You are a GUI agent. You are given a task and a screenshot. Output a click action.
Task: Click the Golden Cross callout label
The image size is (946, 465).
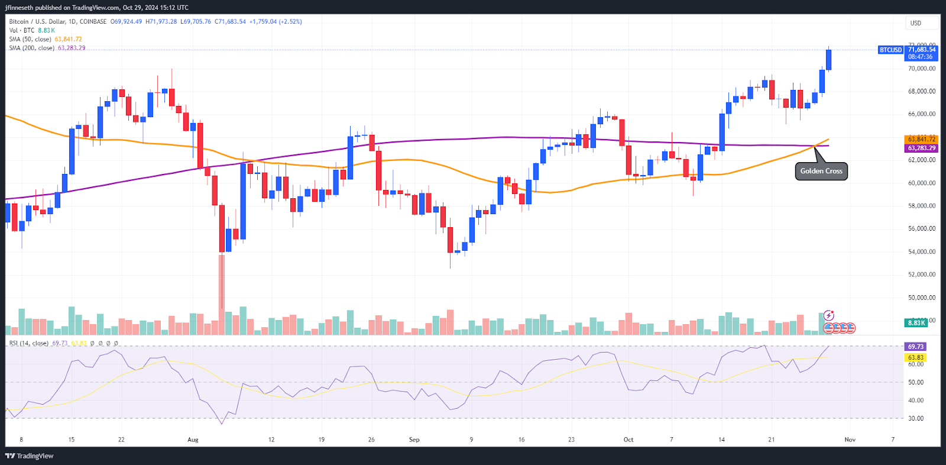[x=821, y=171]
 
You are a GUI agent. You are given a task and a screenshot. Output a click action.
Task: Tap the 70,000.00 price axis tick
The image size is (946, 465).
[x=922, y=69]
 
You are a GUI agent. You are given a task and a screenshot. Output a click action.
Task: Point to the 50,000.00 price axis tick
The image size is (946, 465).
[x=922, y=298]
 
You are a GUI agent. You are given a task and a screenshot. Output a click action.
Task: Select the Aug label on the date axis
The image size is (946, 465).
[x=193, y=440]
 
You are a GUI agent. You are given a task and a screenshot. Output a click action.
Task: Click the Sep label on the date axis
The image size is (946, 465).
[x=414, y=440]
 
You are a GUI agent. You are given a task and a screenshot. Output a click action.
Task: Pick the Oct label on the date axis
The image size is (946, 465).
[x=628, y=440]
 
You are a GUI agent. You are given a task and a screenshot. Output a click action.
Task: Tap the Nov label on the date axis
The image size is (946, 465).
[x=850, y=440]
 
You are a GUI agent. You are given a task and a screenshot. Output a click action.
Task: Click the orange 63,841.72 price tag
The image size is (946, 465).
[x=921, y=139]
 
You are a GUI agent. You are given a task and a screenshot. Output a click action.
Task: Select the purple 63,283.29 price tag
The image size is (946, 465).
[x=921, y=148]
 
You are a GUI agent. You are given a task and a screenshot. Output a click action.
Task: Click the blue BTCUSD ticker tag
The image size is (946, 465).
[x=890, y=50]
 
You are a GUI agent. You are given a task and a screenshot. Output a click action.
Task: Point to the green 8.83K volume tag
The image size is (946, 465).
[x=916, y=322]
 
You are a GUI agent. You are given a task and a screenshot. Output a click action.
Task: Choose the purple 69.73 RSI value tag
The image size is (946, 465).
[x=915, y=347]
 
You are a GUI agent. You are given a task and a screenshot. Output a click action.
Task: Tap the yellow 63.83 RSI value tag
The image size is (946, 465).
[x=915, y=357]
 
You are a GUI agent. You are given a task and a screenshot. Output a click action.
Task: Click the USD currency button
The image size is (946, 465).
[x=916, y=23]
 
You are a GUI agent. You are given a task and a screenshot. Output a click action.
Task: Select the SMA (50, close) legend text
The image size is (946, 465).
[x=31, y=39]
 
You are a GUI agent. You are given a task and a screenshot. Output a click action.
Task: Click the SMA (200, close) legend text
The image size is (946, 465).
[x=32, y=48]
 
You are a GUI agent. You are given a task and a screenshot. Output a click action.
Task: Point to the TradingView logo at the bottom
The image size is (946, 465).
[x=30, y=456]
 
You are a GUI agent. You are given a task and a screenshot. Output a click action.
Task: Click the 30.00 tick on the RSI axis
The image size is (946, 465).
[x=916, y=418]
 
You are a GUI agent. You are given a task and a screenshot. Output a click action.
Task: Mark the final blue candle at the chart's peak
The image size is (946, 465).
[x=829, y=59]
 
